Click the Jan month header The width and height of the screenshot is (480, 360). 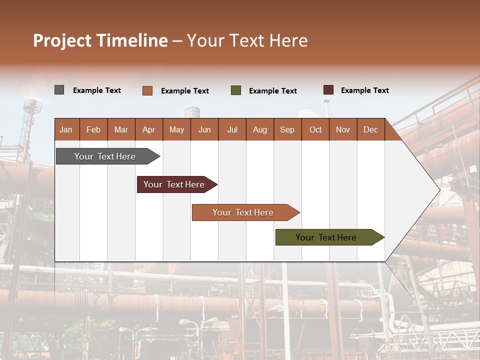(66, 129)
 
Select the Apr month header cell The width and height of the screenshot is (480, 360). (149, 129)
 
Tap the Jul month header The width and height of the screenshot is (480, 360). (232, 129)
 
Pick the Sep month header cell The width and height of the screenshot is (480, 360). (287, 129)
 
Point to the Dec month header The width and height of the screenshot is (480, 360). (370, 129)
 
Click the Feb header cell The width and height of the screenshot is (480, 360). (93, 129)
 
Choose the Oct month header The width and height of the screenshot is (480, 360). (315, 129)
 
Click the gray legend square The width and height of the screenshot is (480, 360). (59, 90)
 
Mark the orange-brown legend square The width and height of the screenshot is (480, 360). (147, 90)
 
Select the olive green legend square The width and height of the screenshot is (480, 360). (236, 90)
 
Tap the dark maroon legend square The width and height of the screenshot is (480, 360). (328, 90)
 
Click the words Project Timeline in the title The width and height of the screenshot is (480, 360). (100, 40)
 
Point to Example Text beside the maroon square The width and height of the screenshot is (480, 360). (364, 90)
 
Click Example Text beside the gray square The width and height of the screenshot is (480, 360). (97, 90)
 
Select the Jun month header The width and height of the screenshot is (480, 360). (204, 129)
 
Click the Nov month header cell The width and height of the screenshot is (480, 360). (343, 129)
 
